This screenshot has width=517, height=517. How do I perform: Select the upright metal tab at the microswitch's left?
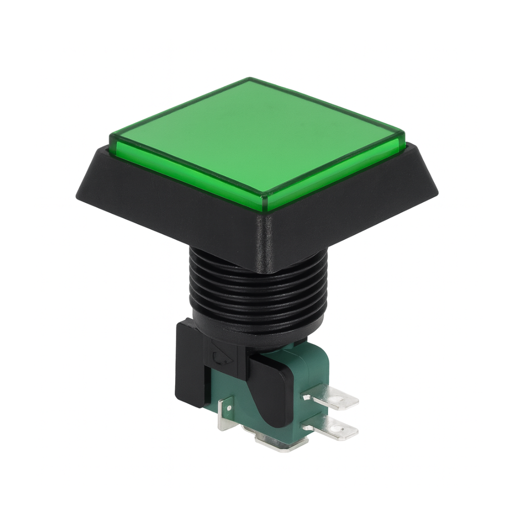227,413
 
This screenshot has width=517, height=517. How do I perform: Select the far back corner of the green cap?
250,79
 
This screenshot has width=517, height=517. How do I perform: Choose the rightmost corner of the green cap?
404,135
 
